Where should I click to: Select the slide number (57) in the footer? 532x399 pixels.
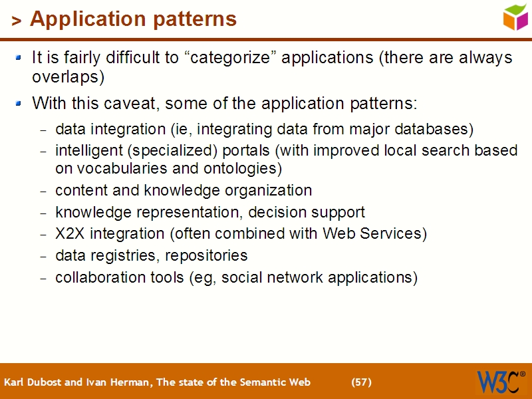[361, 382]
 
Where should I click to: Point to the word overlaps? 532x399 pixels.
[68, 76]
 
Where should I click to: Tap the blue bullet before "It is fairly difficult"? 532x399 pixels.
[21, 58]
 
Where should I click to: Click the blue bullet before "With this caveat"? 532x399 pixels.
[21, 104]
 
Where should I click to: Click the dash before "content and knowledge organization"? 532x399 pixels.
[44, 192]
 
